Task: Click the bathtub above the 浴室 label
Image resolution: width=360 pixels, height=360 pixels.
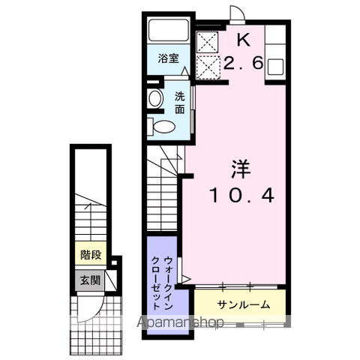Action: point(168,30)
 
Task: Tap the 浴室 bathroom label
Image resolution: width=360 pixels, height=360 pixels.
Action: point(168,58)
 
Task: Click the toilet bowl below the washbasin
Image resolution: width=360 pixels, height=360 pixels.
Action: point(163,127)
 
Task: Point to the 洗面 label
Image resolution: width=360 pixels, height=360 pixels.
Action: point(180,103)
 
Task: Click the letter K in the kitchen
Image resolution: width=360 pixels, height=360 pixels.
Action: point(244,40)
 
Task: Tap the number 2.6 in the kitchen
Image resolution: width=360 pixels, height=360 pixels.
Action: point(243,62)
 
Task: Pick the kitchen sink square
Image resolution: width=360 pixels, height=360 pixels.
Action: point(275,67)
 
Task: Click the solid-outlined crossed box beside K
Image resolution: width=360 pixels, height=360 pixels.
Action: point(207,42)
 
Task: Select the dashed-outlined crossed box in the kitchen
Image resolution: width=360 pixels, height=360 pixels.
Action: point(208,67)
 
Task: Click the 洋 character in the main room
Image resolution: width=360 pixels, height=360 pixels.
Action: point(241,169)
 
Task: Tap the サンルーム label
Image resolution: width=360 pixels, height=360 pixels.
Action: point(244,305)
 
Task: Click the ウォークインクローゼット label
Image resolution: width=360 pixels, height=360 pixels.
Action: point(162,283)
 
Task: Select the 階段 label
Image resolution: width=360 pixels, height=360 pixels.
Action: point(91,255)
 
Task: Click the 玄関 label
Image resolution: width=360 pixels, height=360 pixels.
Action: point(90,280)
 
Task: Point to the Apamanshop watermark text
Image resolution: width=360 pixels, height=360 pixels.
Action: point(180,322)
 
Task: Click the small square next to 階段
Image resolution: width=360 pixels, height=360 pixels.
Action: point(114,262)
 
